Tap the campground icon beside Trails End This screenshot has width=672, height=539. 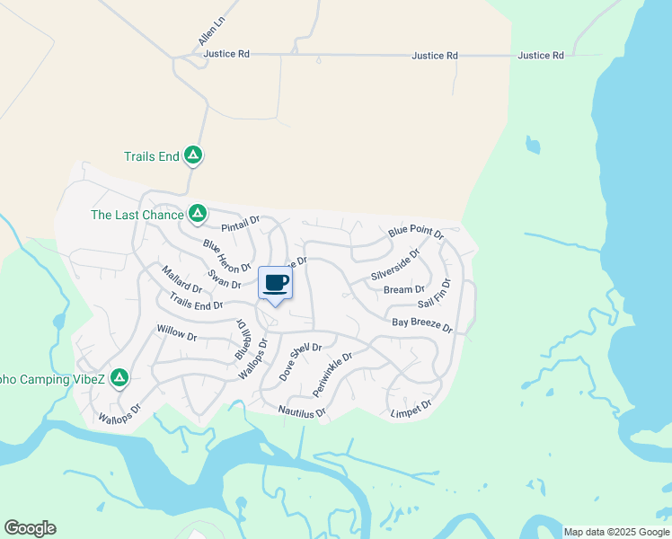click(x=192, y=156)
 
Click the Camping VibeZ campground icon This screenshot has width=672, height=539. click(x=119, y=379)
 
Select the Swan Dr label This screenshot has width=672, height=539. click(x=225, y=279)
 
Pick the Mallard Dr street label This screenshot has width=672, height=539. click(x=181, y=279)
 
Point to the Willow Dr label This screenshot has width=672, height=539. click(x=176, y=334)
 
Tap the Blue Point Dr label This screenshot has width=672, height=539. click(x=416, y=232)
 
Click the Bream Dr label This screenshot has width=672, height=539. click(x=404, y=289)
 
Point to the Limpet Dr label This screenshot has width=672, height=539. click(x=411, y=409)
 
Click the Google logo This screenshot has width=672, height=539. click(x=30, y=528)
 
